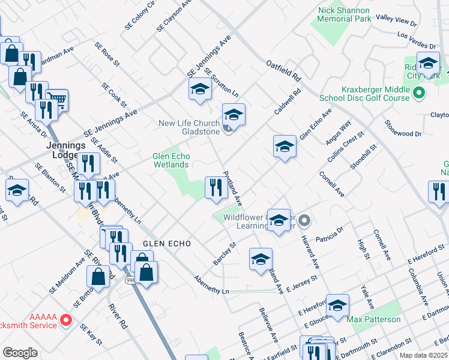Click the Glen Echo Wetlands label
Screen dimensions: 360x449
coord(171,160)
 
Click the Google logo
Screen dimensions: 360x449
coord(20,353)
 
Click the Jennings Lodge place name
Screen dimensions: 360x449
coord(66,150)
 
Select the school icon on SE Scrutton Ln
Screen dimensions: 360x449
coord(200,90)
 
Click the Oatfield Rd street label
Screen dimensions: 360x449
coord(283,69)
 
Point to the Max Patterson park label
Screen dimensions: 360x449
coord(373,319)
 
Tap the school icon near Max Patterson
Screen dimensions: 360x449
coord(337,305)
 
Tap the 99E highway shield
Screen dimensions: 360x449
coord(130,280)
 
